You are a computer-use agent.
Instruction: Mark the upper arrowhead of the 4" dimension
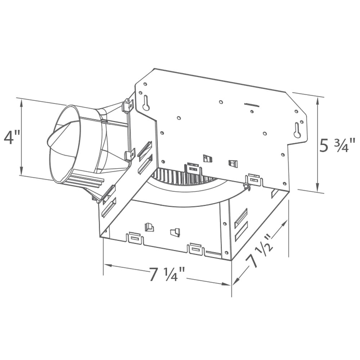(x=22, y=103)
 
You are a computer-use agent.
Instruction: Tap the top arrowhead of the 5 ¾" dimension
(x=317, y=101)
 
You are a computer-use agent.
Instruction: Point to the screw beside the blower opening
(x=246, y=186)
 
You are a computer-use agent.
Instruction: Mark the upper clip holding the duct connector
(x=127, y=105)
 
